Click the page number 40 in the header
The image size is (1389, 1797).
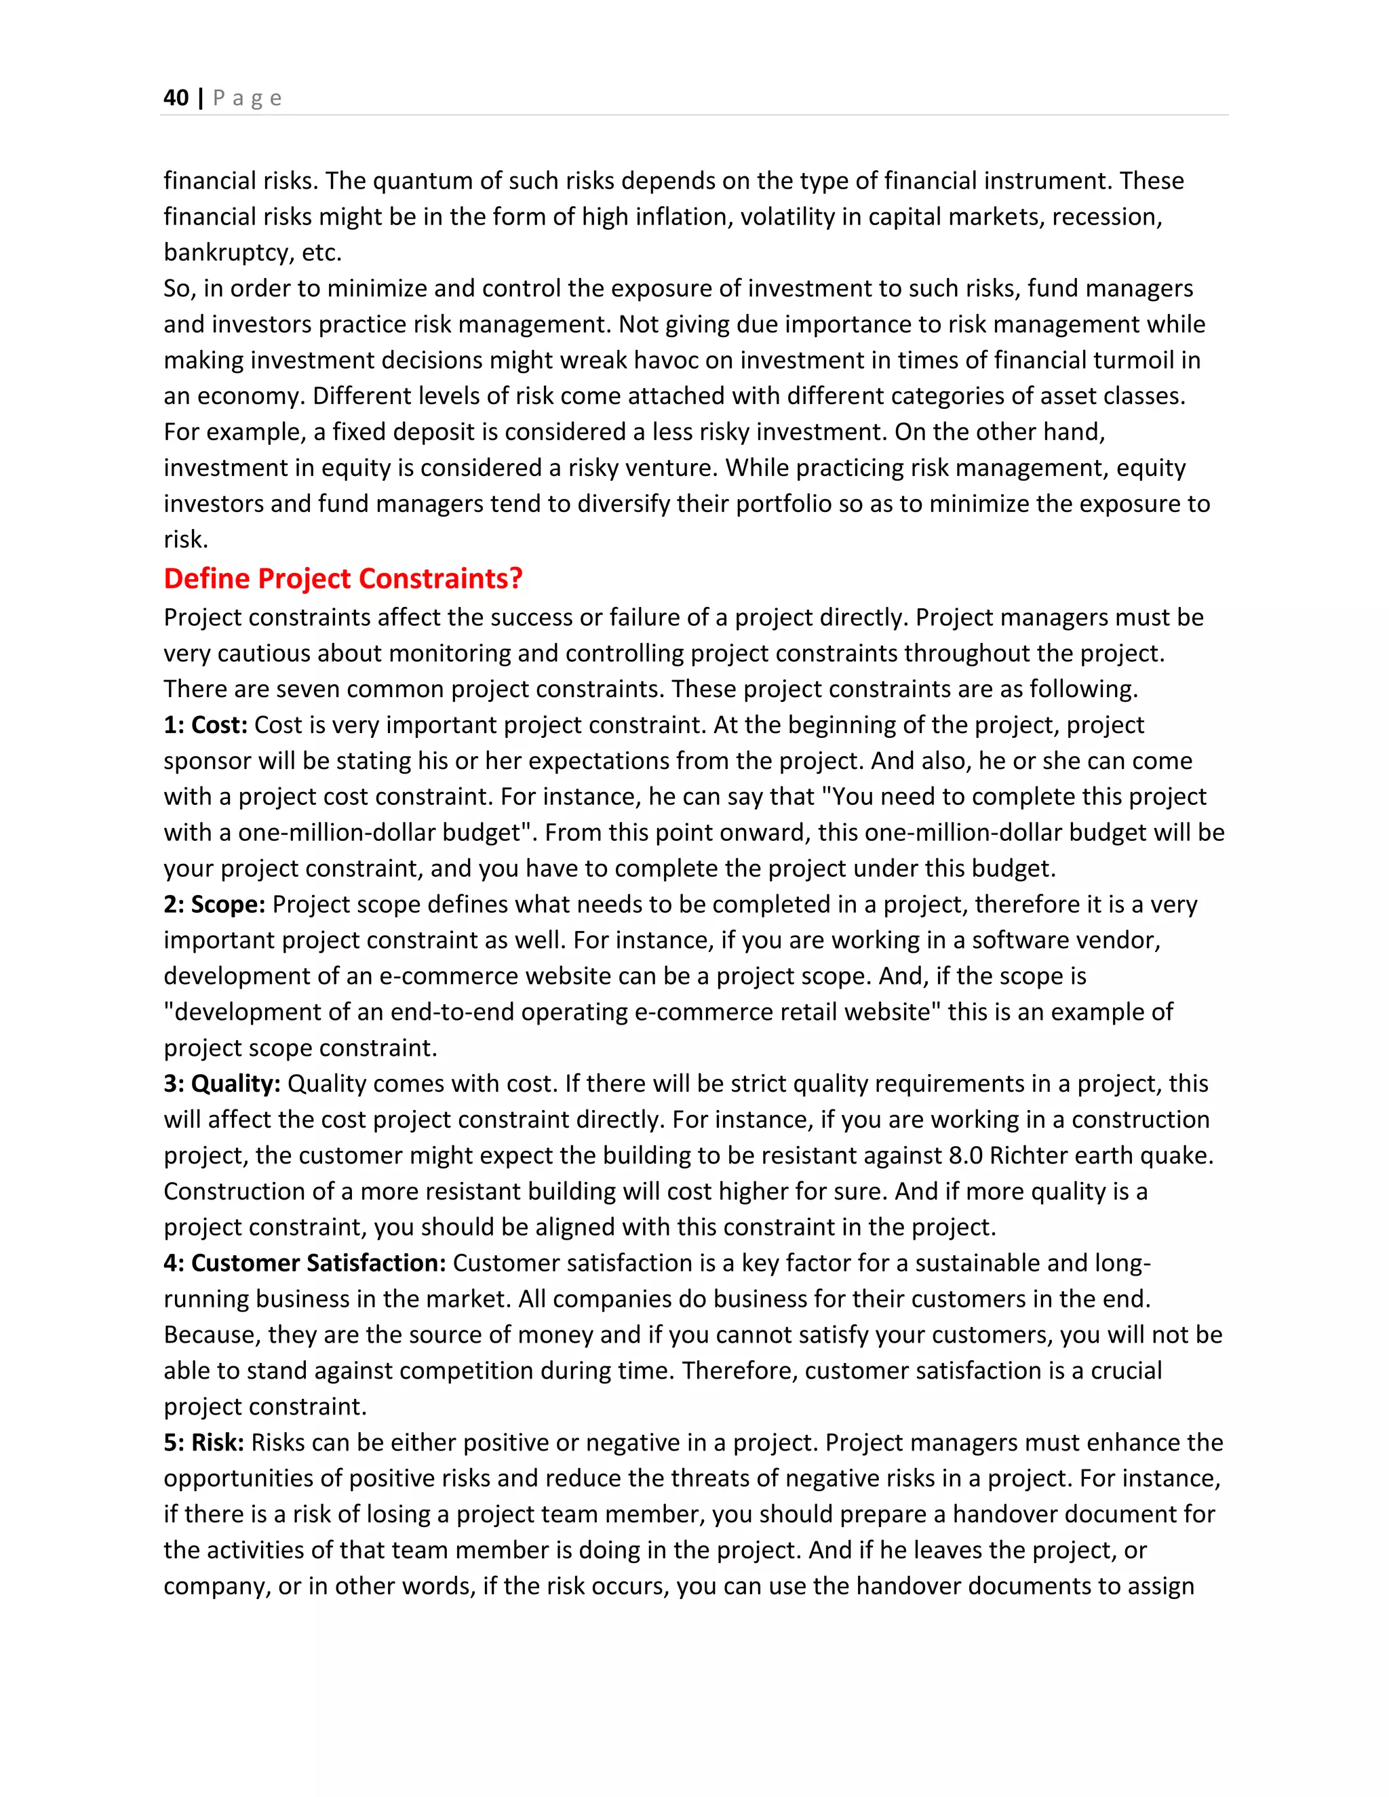click(x=176, y=98)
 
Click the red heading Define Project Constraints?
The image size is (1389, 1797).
click(x=343, y=578)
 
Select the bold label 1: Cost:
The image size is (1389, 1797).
click(x=205, y=725)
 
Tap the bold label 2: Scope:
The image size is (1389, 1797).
click(x=214, y=904)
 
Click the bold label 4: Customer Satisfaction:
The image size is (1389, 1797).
click(x=305, y=1263)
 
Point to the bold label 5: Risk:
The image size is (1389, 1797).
click(x=203, y=1442)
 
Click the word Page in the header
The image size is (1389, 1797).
click(x=247, y=98)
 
